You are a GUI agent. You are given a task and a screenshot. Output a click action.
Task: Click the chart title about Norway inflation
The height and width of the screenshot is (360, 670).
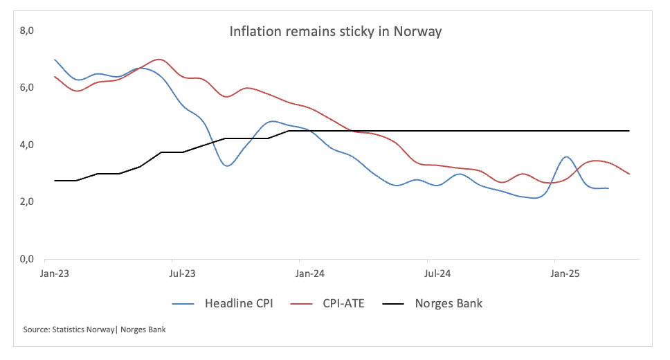point(336,32)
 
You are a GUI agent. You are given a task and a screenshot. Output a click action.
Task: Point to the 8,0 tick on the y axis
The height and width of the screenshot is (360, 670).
point(28,30)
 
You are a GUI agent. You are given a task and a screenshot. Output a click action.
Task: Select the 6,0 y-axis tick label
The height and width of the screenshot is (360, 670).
point(28,88)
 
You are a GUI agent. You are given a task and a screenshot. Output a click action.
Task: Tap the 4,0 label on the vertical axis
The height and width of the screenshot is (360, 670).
point(28,145)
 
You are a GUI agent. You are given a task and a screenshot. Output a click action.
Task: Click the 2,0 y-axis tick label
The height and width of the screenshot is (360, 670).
point(28,202)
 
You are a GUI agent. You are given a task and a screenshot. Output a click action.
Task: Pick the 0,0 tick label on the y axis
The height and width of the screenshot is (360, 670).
point(28,260)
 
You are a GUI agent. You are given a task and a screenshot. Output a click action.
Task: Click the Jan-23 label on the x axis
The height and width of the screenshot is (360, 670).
point(55,273)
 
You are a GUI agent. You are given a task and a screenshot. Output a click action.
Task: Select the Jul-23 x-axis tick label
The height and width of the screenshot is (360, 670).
point(182,273)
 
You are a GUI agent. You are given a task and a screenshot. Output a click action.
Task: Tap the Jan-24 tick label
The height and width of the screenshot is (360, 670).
point(310,273)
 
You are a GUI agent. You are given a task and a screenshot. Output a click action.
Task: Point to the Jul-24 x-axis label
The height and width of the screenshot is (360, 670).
point(437,273)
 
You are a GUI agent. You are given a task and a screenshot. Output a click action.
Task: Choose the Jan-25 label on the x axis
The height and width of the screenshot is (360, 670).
point(565,273)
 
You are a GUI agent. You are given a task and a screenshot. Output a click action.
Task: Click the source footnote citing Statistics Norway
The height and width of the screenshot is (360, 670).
point(95,330)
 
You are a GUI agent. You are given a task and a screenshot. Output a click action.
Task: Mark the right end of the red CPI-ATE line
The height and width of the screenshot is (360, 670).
point(629,174)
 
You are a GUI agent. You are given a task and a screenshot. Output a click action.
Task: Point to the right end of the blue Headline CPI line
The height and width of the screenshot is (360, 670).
point(608,188)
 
